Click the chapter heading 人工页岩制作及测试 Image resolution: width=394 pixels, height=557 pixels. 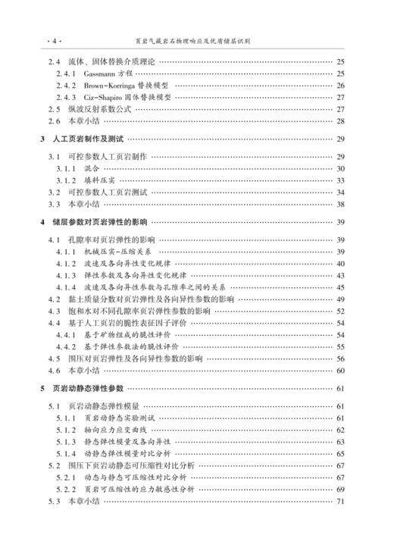(x=90, y=139)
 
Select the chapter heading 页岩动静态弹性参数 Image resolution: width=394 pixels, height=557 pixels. (x=90, y=389)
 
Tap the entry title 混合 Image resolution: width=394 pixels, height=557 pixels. (x=92, y=168)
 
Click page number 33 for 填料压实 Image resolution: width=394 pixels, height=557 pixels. (x=340, y=180)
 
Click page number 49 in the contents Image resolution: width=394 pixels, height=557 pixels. (x=340, y=299)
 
